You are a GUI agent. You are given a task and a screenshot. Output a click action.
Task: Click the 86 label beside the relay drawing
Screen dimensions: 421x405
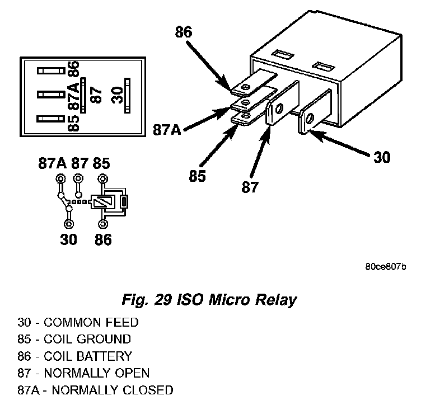click(184, 32)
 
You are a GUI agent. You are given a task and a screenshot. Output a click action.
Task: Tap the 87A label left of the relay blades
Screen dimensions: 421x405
click(167, 130)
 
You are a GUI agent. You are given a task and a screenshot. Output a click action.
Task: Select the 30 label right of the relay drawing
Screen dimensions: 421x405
click(382, 157)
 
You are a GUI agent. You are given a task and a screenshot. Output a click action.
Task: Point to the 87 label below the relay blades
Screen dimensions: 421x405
click(250, 187)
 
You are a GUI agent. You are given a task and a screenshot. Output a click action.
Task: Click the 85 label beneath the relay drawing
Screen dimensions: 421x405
click(197, 176)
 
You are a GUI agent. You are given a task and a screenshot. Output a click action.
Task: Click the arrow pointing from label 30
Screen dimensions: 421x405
click(339, 143)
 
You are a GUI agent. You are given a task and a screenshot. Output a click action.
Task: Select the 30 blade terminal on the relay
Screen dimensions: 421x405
click(315, 112)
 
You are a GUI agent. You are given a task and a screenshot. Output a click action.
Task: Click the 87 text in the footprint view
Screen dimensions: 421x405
click(96, 95)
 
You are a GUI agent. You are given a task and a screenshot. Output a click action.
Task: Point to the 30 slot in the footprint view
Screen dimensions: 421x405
click(128, 96)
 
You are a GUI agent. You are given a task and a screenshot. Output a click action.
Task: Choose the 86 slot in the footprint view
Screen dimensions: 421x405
click(51, 71)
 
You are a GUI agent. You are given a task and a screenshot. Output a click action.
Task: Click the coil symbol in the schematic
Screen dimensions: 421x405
click(104, 202)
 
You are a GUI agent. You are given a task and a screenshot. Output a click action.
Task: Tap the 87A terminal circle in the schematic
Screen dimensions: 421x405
click(60, 178)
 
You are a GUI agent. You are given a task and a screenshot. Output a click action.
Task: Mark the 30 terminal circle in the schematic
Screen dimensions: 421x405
click(69, 223)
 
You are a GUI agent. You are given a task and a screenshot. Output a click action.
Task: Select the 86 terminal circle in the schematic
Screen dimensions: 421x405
click(103, 224)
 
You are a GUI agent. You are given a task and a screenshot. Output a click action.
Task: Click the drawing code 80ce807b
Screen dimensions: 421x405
click(386, 267)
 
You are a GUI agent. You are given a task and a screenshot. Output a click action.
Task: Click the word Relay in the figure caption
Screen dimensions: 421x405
click(276, 300)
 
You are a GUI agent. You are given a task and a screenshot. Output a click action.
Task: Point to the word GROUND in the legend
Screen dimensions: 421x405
click(104, 340)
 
